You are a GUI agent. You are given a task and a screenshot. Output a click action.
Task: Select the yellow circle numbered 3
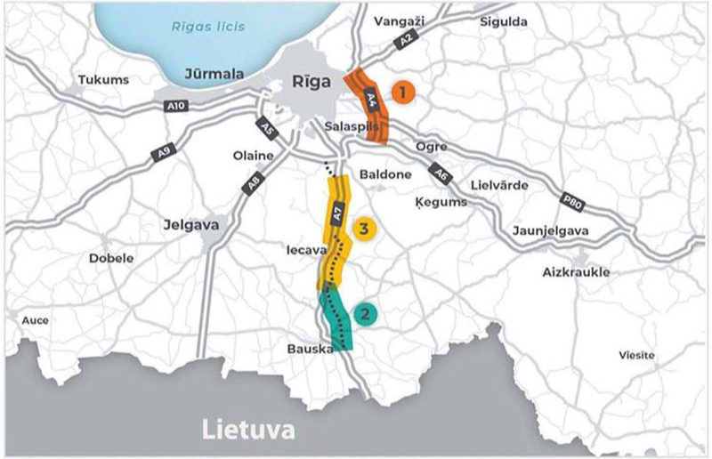[x=364, y=228]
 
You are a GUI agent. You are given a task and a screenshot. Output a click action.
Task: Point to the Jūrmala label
[x=213, y=75]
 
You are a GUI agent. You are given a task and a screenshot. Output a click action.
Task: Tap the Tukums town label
[x=103, y=80]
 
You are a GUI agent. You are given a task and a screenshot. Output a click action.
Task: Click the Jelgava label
[x=191, y=225]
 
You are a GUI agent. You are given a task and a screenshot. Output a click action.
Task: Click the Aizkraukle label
[x=576, y=272]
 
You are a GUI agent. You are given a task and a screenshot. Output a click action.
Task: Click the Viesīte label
[x=635, y=355]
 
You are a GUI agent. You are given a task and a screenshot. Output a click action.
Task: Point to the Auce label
[x=36, y=320]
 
